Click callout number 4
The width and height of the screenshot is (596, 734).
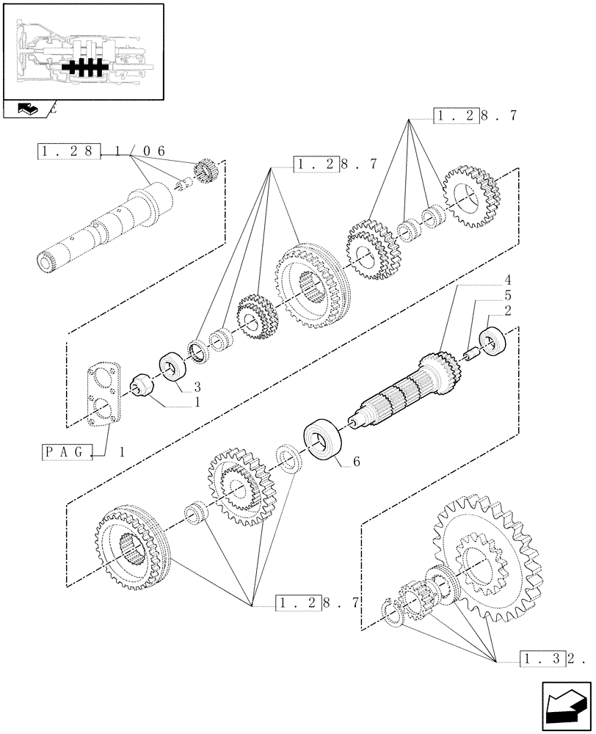click(x=507, y=280)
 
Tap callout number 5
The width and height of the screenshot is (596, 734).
click(x=507, y=296)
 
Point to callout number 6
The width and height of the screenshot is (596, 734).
click(x=357, y=462)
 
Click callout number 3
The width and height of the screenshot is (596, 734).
click(x=197, y=386)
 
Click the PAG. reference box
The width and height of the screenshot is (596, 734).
click(x=70, y=452)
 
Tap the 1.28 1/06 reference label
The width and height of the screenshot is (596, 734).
click(x=101, y=151)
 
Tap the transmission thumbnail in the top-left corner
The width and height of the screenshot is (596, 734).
click(x=82, y=51)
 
